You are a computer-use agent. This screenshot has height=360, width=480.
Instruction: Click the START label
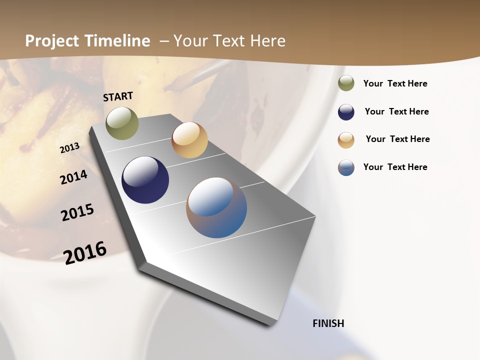[118, 96]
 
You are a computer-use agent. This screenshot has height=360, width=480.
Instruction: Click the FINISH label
[328, 323]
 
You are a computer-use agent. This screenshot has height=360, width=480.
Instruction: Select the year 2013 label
[70, 148]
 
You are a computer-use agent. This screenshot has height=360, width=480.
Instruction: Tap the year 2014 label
[74, 177]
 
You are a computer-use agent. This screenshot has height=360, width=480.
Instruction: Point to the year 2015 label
[77, 212]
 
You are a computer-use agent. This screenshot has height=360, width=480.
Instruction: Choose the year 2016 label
[85, 252]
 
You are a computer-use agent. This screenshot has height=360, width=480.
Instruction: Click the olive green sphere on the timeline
[122, 123]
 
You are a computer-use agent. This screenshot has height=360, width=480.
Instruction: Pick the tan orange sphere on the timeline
[189, 140]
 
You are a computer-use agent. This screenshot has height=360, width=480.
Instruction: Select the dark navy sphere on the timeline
[145, 180]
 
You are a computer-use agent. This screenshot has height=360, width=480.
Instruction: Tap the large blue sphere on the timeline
[216, 207]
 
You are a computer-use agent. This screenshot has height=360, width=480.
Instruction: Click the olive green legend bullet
[346, 83]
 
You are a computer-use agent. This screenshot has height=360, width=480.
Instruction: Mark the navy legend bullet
[346, 112]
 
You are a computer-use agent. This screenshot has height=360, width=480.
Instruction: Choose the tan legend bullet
[346, 140]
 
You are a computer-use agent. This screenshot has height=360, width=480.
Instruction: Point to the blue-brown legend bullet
[346, 167]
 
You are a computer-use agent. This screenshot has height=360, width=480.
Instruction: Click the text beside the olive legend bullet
[395, 84]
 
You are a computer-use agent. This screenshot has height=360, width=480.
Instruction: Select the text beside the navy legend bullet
[397, 111]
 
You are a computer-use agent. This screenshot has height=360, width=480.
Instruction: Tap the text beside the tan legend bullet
[398, 139]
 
